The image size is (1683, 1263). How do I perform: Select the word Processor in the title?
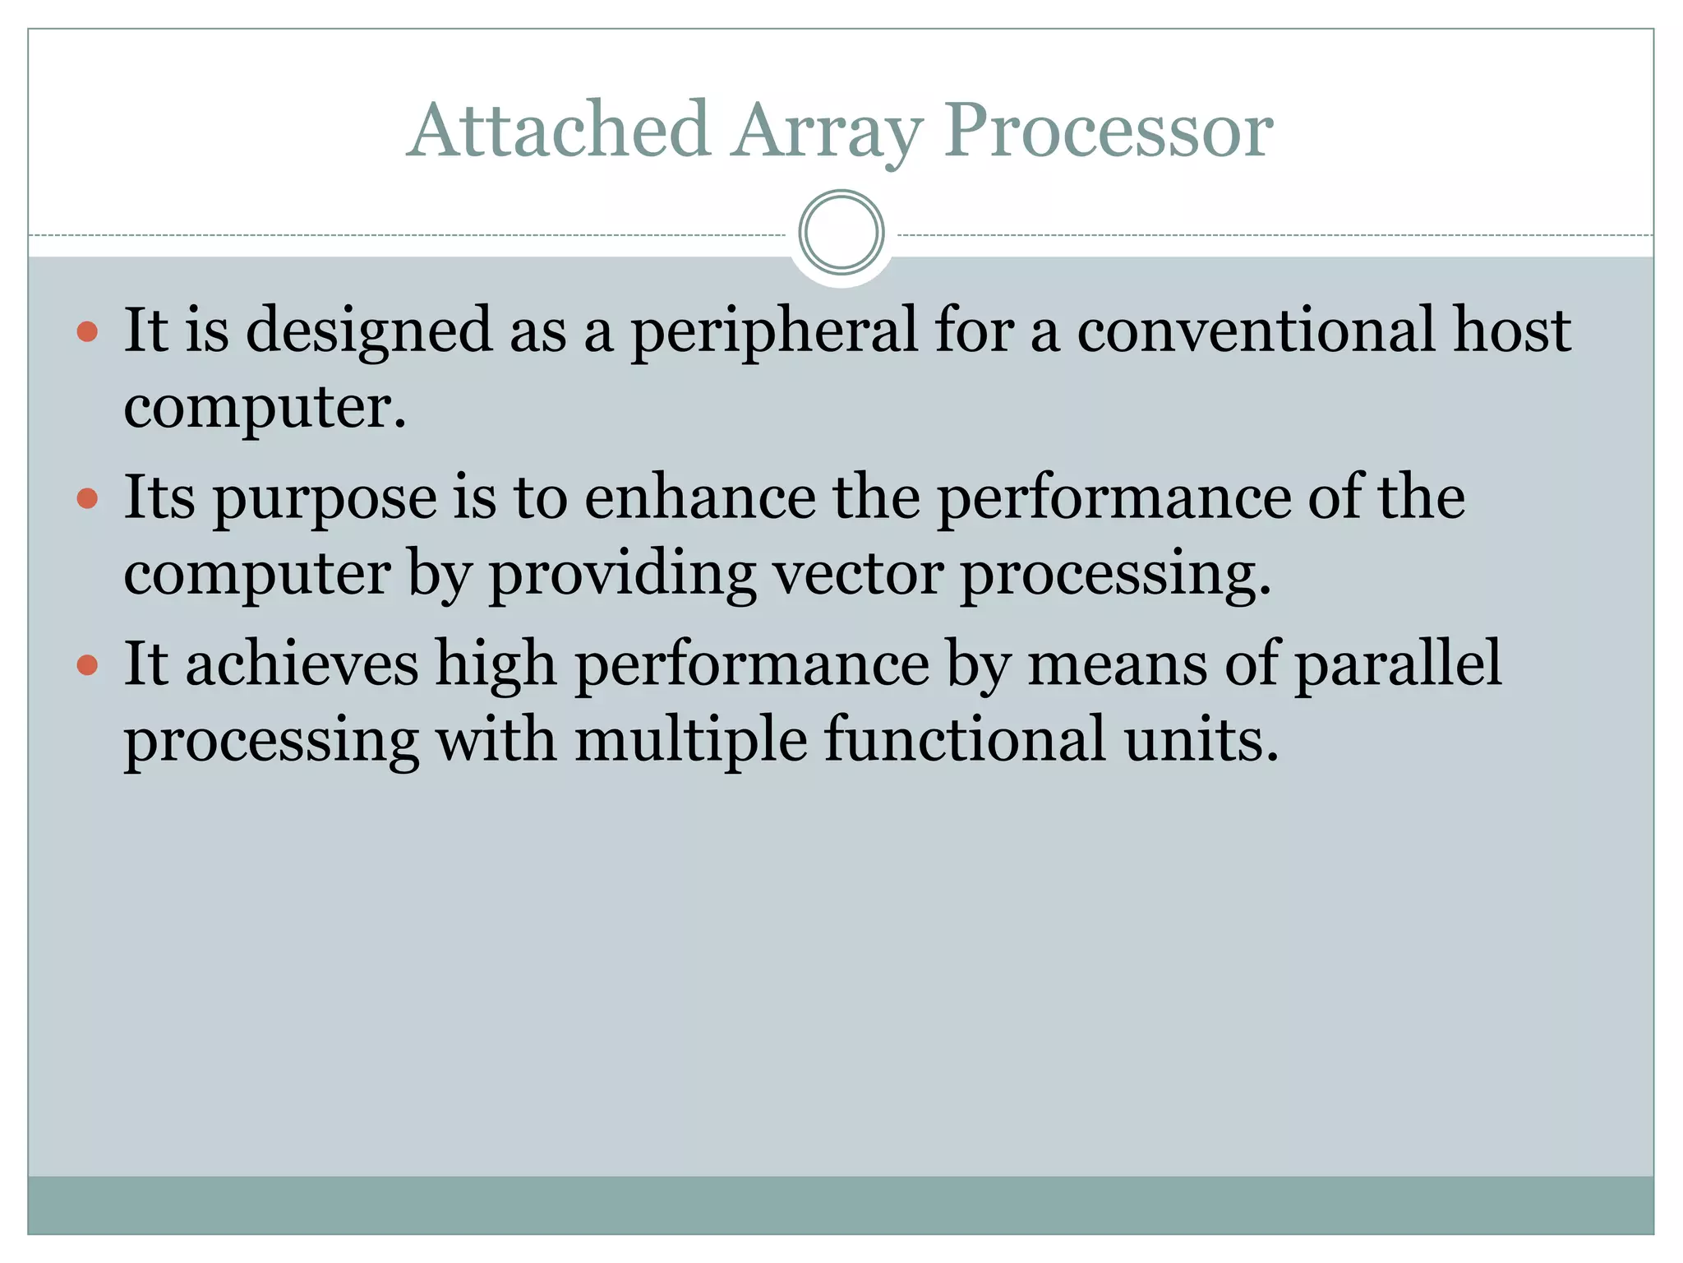(x=1108, y=132)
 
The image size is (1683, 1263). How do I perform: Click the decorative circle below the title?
(x=841, y=233)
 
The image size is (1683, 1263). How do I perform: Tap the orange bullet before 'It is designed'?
(x=87, y=332)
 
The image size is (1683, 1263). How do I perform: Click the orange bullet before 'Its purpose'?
(x=87, y=499)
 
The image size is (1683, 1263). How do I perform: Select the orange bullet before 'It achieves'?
(x=87, y=664)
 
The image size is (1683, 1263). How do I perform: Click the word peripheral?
(x=773, y=331)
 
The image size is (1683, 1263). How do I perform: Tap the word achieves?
(x=302, y=663)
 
